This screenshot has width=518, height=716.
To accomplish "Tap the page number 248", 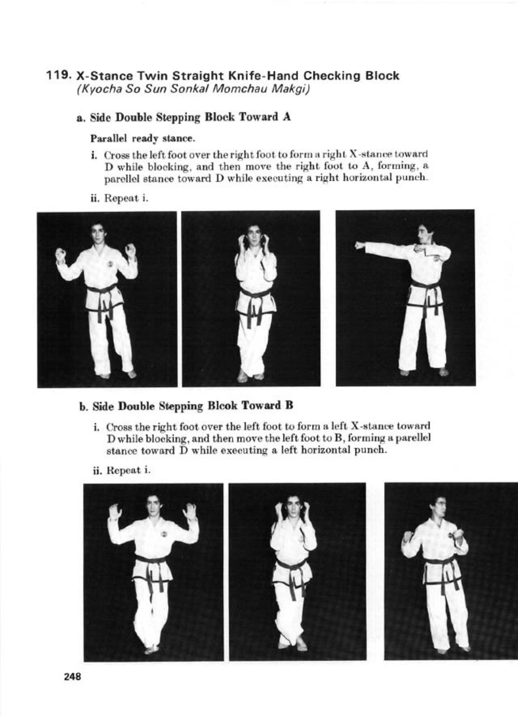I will click(73, 677).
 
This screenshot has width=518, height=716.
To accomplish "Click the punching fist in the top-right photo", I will click(358, 246).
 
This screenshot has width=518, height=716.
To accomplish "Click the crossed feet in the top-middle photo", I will click(250, 374).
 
